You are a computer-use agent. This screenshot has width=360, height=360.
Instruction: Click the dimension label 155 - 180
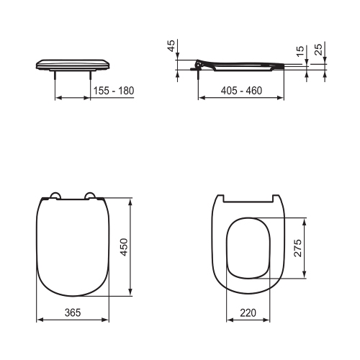click(x=114, y=91)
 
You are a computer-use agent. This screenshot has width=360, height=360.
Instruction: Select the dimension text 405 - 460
click(x=241, y=91)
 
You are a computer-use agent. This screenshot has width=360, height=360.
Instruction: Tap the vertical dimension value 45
click(x=171, y=45)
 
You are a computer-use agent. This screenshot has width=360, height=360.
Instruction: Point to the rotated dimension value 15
click(x=300, y=51)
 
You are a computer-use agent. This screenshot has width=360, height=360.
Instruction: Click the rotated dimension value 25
click(x=318, y=50)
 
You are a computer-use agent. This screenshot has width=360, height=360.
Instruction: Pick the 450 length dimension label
click(x=124, y=247)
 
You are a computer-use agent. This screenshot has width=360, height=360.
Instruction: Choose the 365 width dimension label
click(x=73, y=312)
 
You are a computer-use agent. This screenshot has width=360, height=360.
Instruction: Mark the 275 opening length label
click(x=298, y=248)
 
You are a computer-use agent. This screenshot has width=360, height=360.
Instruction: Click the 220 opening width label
click(x=248, y=312)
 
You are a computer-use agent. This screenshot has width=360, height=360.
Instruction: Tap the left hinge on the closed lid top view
click(x=55, y=196)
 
